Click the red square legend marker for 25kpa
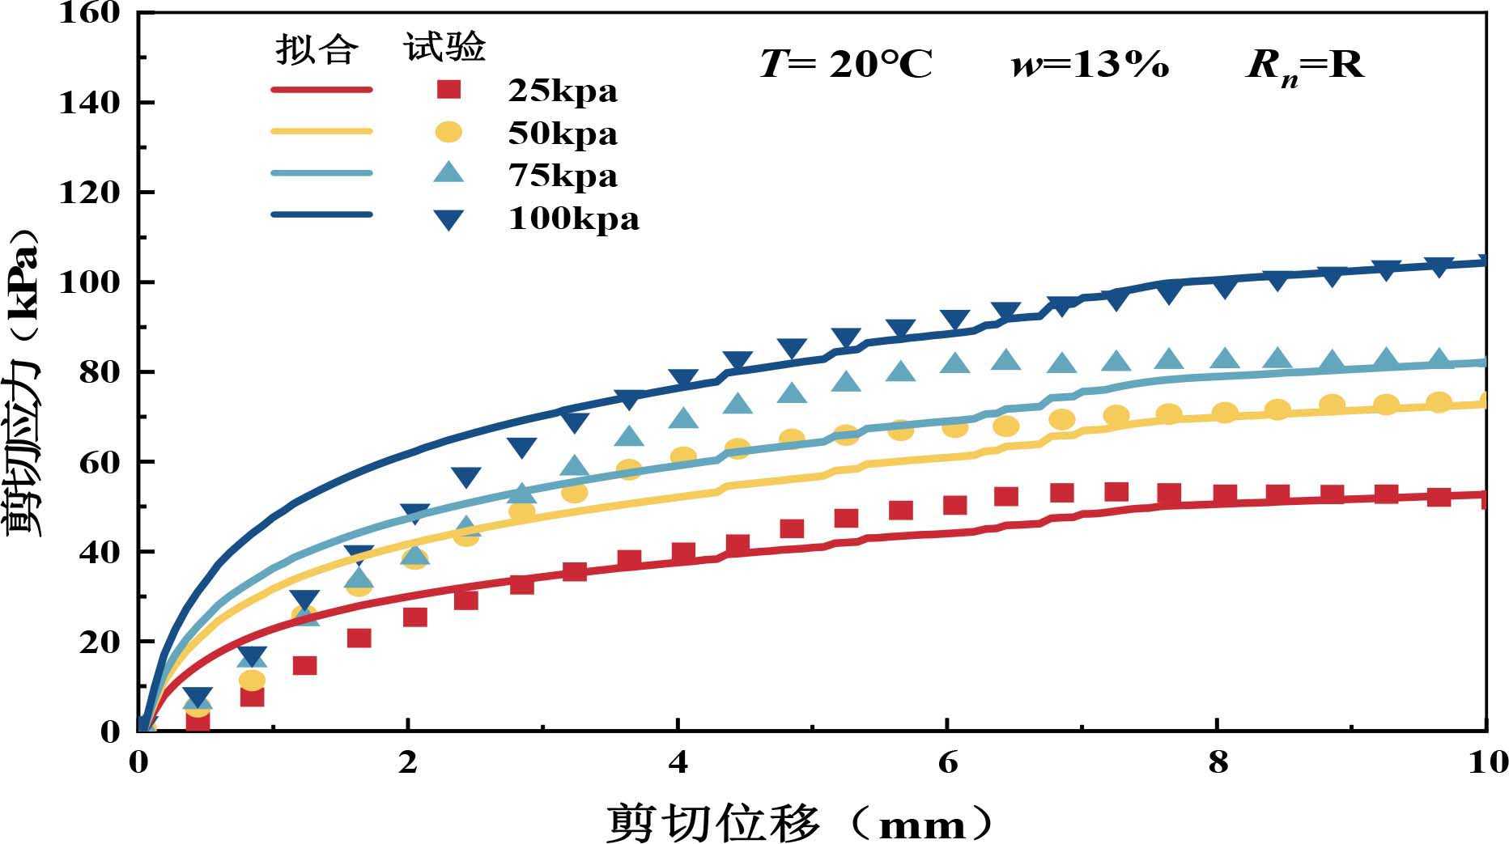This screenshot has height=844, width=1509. pyautogui.click(x=448, y=90)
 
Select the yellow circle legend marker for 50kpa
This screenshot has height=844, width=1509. pyautogui.click(x=448, y=132)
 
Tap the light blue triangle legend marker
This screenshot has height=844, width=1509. pyautogui.click(x=448, y=173)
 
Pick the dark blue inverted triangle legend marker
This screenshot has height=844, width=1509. pyautogui.click(x=448, y=218)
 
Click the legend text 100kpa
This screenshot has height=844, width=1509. pyautogui.click(x=573, y=218)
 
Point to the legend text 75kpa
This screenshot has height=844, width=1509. pyautogui.click(x=563, y=176)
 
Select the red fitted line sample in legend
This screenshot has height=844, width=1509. pyautogui.click(x=321, y=90)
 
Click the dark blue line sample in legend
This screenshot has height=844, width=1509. pyautogui.click(x=321, y=215)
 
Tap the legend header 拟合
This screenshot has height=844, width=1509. pyautogui.click(x=317, y=49)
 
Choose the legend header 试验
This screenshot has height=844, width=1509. pyautogui.click(x=444, y=47)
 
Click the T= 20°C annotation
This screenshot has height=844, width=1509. pyautogui.click(x=846, y=64)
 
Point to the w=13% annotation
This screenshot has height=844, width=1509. pyautogui.click(x=1090, y=64)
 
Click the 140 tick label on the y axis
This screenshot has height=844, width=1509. pyautogui.click(x=89, y=103)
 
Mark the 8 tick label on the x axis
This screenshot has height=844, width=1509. pyautogui.click(x=1218, y=762)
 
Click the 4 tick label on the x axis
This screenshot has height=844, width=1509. pyautogui.click(x=678, y=762)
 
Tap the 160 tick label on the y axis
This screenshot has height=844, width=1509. pyautogui.click(x=89, y=13)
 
